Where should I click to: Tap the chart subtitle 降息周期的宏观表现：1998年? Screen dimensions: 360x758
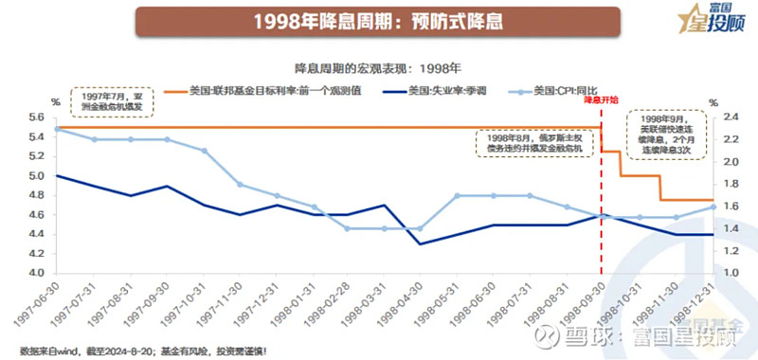click(x=379, y=68)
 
